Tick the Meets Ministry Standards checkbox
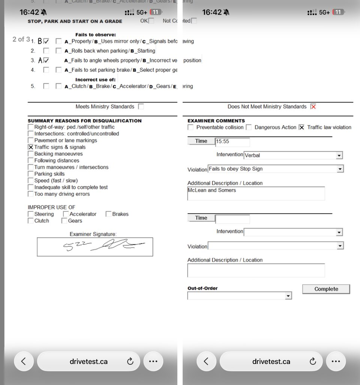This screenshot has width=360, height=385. coord(141,107)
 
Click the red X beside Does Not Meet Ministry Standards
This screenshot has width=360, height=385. coord(313,107)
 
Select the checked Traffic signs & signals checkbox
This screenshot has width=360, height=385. coord(31,147)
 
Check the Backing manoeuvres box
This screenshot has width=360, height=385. coord(31,154)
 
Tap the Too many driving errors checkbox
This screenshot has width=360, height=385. coord(31,194)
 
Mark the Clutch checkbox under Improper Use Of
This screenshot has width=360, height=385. coord(31,221)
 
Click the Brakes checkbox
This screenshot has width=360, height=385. coord(108,214)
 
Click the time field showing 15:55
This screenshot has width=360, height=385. coord(232,142)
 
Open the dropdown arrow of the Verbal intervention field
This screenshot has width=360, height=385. coord(339,155)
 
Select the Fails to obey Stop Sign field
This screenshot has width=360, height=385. coord(272,169)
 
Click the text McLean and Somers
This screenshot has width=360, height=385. coord(212,190)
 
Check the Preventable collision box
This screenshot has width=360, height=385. coord(191,127)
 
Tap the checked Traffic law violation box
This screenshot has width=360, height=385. coord(301,127)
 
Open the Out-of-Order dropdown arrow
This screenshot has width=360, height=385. coord(288,296)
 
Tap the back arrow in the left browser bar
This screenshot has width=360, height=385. coord(24,361)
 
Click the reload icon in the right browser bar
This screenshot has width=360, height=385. coord(313,361)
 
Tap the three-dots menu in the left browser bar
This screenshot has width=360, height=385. coord(153,361)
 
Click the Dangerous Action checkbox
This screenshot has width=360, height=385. coord(249,127)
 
